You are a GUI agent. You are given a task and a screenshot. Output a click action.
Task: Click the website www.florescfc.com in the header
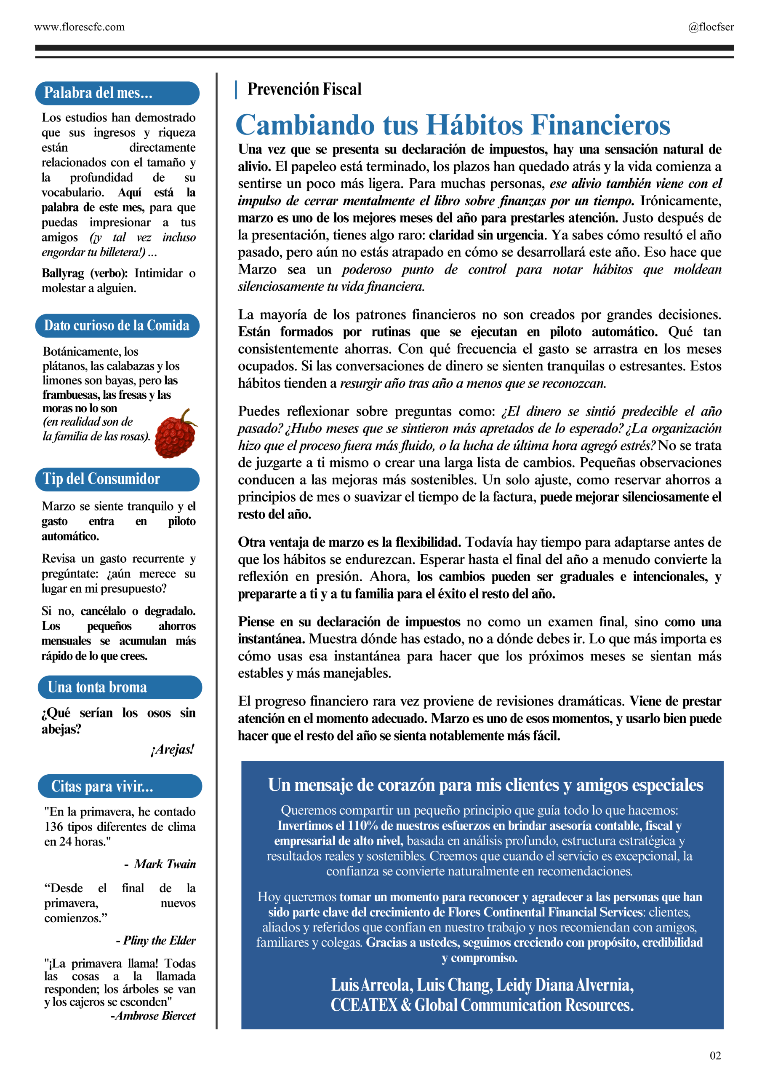pyautogui.click(x=79, y=27)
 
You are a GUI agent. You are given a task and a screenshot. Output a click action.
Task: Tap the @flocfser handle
pyautogui.click(x=710, y=27)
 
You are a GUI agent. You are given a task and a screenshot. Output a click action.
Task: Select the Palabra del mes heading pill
pyautogui.click(x=117, y=93)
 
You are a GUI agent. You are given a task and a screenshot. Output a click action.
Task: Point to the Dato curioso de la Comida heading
pyautogui.click(x=117, y=326)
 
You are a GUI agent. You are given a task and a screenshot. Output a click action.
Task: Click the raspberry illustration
pyautogui.click(x=176, y=435)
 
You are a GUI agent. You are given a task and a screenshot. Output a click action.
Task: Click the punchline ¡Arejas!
pyautogui.click(x=172, y=749)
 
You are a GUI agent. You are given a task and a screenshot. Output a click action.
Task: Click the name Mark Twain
pyautogui.click(x=165, y=864)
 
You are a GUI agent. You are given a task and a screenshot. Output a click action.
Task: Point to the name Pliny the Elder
pyautogui.click(x=159, y=940)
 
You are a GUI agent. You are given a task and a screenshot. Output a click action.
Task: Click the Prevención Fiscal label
pyautogui.click(x=304, y=89)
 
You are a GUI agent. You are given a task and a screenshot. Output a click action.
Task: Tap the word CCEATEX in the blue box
pyautogui.click(x=364, y=1005)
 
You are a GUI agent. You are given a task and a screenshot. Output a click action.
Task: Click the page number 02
pyautogui.click(x=714, y=1055)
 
